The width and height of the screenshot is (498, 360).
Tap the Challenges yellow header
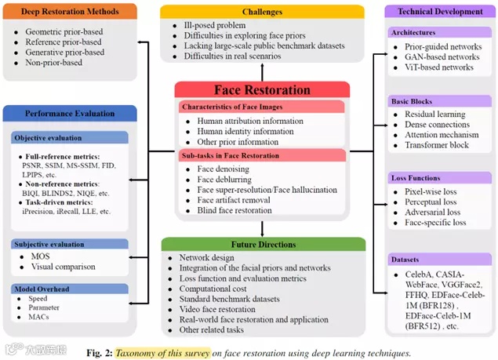point(262,12)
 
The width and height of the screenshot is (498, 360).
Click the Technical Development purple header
point(440,12)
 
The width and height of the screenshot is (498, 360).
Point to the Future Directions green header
point(262,244)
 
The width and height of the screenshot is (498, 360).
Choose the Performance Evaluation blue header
point(64,113)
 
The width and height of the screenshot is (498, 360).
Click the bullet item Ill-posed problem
point(215,26)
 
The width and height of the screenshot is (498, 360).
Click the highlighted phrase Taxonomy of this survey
point(165,353)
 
